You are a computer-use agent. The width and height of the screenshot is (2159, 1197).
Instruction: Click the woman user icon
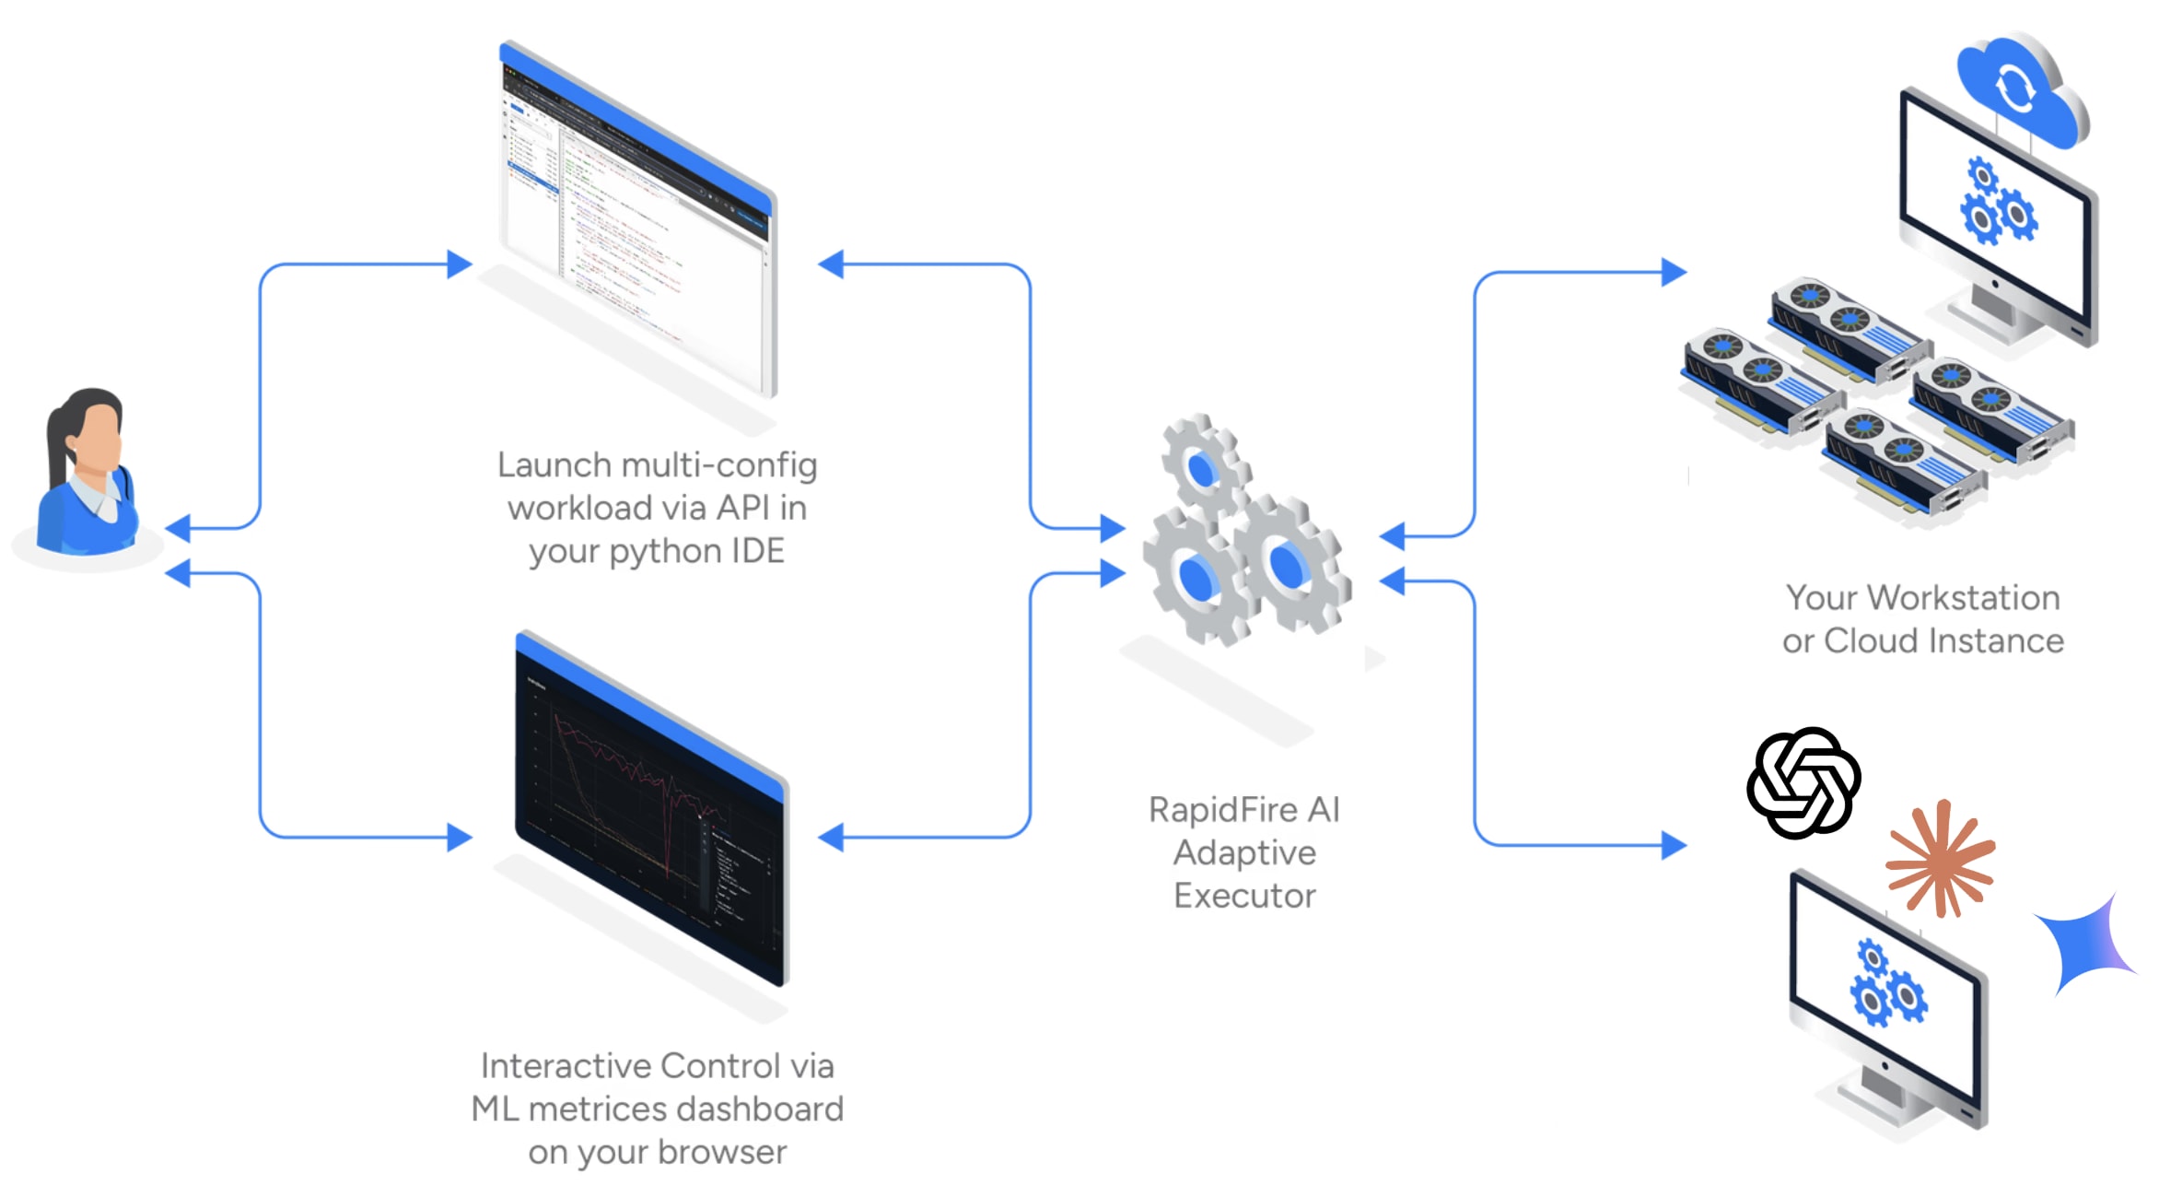[88, 475]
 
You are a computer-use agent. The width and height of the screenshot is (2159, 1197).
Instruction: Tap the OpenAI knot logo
[1803, 783]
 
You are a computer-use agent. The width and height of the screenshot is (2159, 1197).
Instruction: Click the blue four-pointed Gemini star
[2084, 945]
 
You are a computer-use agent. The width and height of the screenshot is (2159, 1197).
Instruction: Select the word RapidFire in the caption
[1222, 810]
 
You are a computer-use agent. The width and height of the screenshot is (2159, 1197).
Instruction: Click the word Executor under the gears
[1244, 896]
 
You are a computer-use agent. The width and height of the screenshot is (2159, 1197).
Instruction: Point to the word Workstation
[1963, 598]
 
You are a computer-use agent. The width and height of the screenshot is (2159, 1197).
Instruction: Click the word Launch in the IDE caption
[554, 465]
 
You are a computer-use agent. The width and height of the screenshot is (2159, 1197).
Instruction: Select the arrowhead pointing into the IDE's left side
[460, 264]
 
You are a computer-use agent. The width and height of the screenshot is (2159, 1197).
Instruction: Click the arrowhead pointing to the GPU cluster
[1674, 272]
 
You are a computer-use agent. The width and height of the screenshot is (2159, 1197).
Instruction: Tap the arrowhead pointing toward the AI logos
[1674, 844]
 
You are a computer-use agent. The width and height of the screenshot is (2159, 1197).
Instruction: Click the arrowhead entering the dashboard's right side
[831, 837]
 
